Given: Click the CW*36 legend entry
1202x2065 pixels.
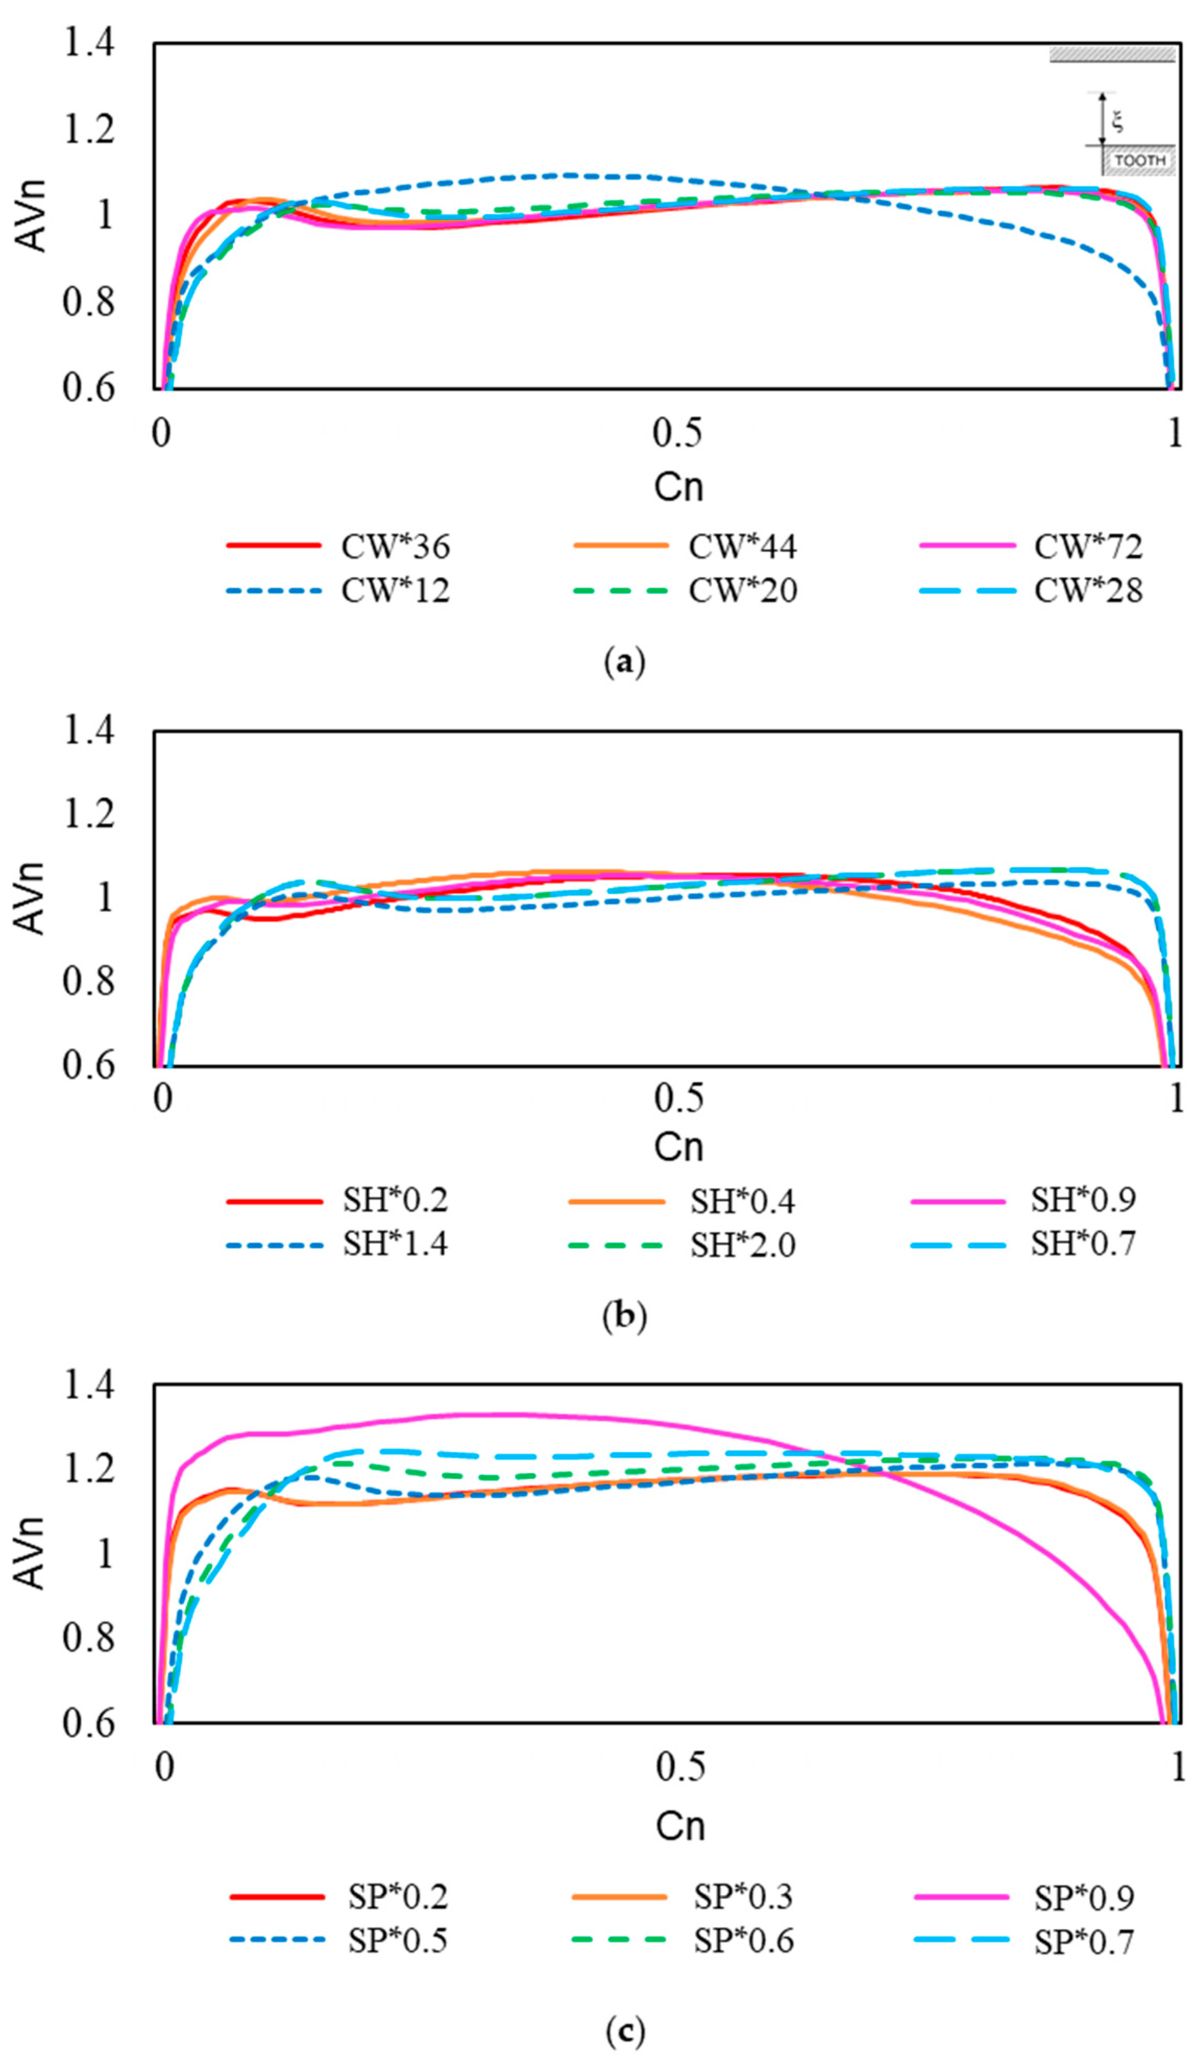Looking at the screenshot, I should tap(395, 546).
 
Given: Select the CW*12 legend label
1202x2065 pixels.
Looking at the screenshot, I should tap(395, 590).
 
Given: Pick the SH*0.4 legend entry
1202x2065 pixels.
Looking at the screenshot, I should tap(742, 1202).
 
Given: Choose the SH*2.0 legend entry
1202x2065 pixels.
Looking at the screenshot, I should tap(742, 1246).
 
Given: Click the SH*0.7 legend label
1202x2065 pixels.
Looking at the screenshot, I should tap(1083, 1244).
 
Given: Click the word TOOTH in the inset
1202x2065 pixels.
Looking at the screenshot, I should tap(1140, 161).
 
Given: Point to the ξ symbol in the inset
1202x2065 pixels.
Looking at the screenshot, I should tap(1118, 122).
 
